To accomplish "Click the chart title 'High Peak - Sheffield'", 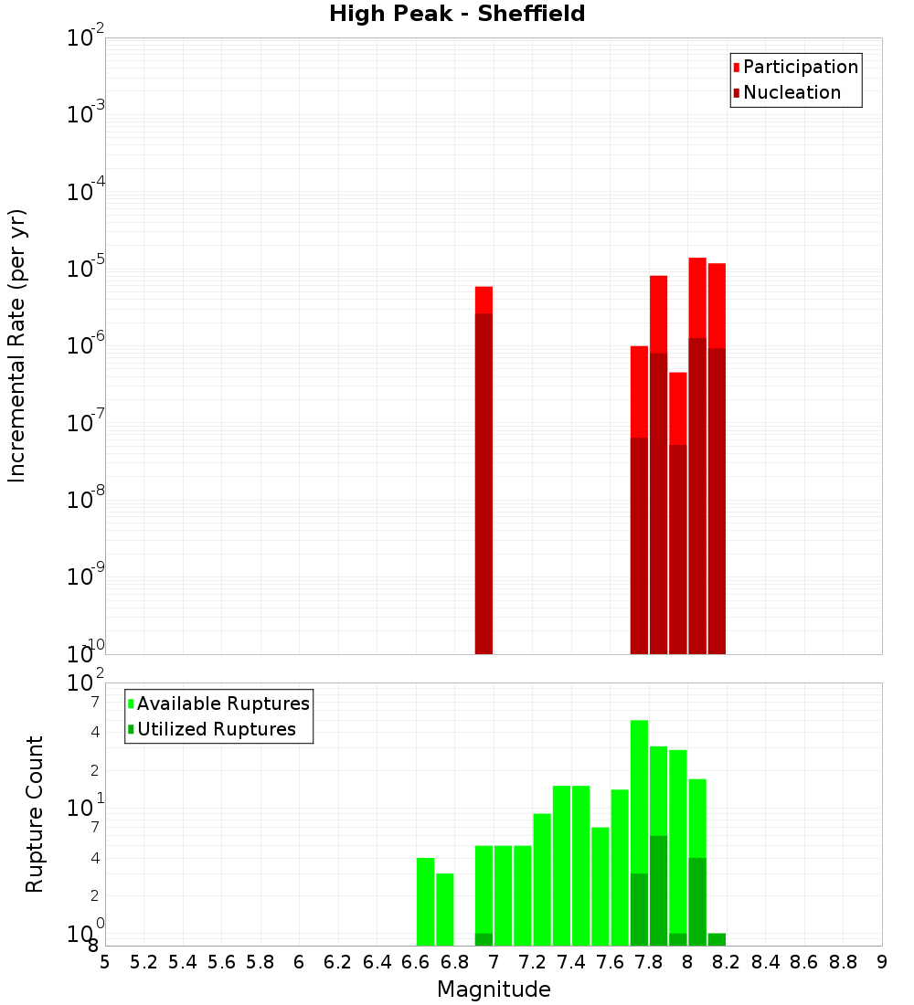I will point(457,14).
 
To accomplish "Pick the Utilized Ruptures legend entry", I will point(216,729).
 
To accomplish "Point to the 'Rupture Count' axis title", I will point(35,814).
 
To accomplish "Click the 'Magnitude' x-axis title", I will point(494,989).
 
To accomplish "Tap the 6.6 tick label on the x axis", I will point(415,962).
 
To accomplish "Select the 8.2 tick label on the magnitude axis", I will point(726,962).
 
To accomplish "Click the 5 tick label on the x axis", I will point(105,962).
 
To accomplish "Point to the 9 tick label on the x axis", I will point(881,962).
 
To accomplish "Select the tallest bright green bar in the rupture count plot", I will point(639,795).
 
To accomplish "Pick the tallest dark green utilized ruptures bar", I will point(658,891).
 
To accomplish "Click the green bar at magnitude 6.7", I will point(444,909).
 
